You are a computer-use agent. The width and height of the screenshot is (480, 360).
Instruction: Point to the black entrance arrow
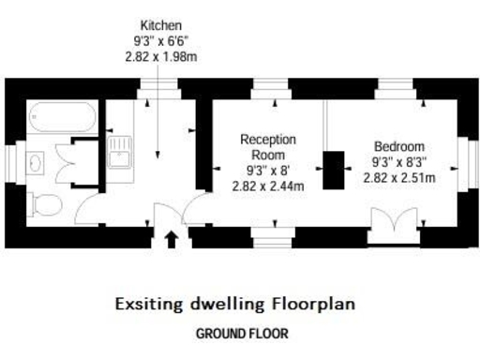170,239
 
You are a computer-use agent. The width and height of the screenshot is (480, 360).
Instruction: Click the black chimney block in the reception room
334,170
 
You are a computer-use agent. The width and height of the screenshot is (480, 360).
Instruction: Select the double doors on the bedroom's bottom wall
388,225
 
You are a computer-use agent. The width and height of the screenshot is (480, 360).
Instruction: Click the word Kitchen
160,25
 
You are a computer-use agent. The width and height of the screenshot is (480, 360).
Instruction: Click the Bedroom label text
399,146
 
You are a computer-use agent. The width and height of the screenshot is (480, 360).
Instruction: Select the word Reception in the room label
268,140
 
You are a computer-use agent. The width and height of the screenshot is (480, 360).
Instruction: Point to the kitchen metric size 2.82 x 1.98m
160,56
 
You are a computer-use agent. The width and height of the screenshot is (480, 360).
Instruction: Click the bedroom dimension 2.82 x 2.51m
399,177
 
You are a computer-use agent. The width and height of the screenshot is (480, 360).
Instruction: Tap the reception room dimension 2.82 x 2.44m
268,186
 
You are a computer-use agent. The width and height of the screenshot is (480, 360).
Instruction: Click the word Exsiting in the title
149,304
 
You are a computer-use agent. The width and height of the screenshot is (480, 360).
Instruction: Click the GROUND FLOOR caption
241,333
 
